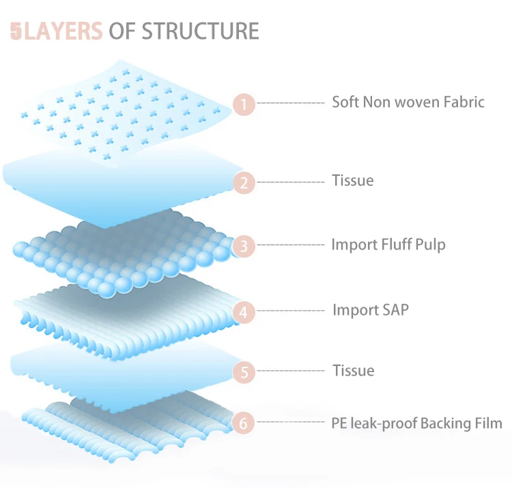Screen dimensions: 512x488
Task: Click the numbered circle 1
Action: click(244, 104)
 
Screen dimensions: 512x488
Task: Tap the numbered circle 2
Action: click(244, 183)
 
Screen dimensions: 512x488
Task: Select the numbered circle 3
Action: click(244, 246)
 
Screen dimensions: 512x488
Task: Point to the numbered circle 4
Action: click(244, 312)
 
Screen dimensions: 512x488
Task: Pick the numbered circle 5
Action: click(244, 372)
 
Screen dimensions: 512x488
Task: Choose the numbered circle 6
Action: click(243, 423)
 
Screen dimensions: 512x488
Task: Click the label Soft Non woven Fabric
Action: click(408, 102)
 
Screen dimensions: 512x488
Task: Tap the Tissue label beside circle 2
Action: click(353, 181)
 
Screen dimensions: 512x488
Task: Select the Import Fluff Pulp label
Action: click(388, 245)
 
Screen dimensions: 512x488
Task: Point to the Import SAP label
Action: click(371, 309)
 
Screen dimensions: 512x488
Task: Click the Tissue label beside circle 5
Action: click(354, 371)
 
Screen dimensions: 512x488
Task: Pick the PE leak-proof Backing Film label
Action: click(416, 423)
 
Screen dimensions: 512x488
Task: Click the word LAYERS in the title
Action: click(63, 31)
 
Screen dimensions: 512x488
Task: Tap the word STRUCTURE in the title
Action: click(200, 31)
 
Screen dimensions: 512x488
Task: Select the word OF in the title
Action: click(122, 31)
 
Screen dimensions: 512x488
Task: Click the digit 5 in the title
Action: click(16, 31)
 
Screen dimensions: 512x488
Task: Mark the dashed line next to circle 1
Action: click(291, 103)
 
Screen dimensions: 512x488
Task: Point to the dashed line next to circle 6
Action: click(291, 422)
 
